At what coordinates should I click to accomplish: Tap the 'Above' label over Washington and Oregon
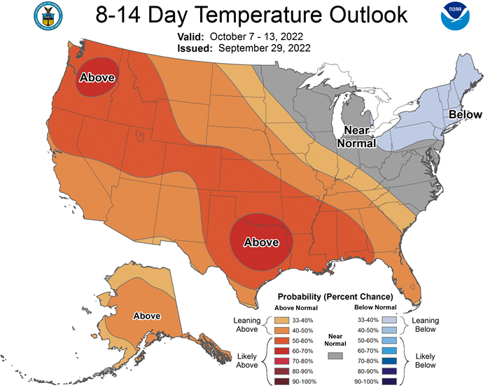click(97, 78)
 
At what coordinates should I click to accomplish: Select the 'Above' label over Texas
click(261, 242)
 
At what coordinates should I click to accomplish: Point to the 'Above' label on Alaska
click(147, 316)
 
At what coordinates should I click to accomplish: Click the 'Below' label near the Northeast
click(465, 114)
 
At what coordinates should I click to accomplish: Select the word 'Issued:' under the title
click(192, 48)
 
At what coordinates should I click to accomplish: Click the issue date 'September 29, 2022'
click(265, 48)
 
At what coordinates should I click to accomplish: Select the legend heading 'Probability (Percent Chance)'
click(335, 296)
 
